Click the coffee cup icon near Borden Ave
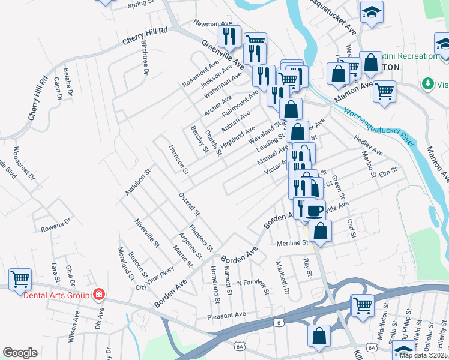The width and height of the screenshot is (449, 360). coord(314,210)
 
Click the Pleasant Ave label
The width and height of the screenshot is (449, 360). coord(226,314)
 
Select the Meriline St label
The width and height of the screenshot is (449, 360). coord(292,243)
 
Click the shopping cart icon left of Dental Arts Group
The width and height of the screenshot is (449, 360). coord(20,278)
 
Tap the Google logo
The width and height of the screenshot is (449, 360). coord(20,353)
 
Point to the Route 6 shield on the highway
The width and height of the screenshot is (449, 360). coord(279,322)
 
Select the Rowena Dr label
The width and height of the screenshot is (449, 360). coord(56,229)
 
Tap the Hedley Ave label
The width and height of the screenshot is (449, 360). coord(368,145)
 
